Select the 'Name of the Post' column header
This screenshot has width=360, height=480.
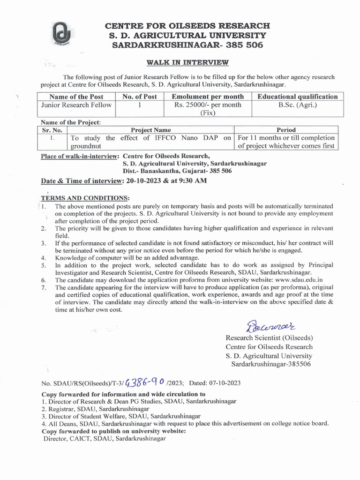tap(76, 97)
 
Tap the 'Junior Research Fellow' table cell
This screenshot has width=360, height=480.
tap(76, 105)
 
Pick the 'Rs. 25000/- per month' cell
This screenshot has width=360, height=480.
tap(208, 105)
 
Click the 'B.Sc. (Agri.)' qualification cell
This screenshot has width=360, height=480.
tap(298, 105)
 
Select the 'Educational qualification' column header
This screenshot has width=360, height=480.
tap(298, 97)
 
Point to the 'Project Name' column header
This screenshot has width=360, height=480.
tap(150, 130)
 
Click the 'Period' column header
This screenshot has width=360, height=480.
tap(286, 130)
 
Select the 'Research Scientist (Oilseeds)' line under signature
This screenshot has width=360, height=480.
tap(269, 338)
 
